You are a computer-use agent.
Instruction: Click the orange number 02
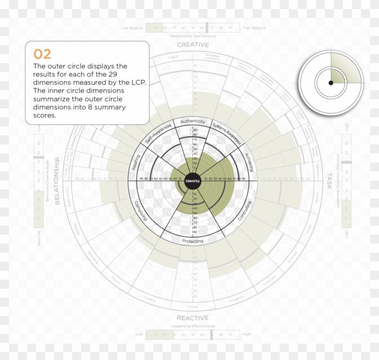(42, 54)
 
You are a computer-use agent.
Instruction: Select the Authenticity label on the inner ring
(193, 122)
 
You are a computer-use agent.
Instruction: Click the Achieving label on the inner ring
(249, 162)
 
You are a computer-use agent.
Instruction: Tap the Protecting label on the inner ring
(193, 241)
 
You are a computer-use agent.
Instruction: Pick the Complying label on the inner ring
(141, 210)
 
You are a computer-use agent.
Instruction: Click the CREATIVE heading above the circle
(193, 45)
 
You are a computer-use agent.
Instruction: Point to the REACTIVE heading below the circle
(193, 318)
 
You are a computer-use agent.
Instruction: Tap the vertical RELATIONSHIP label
(58, 181)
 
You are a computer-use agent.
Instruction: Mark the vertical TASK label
(329, 181)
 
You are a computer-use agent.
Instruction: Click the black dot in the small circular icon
(331, 83)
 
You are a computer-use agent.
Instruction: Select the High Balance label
(254, 28)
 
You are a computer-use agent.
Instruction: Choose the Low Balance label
(132, 28)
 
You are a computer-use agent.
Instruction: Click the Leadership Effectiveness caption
(193, 326)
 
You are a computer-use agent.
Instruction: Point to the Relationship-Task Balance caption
(193, 36)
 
